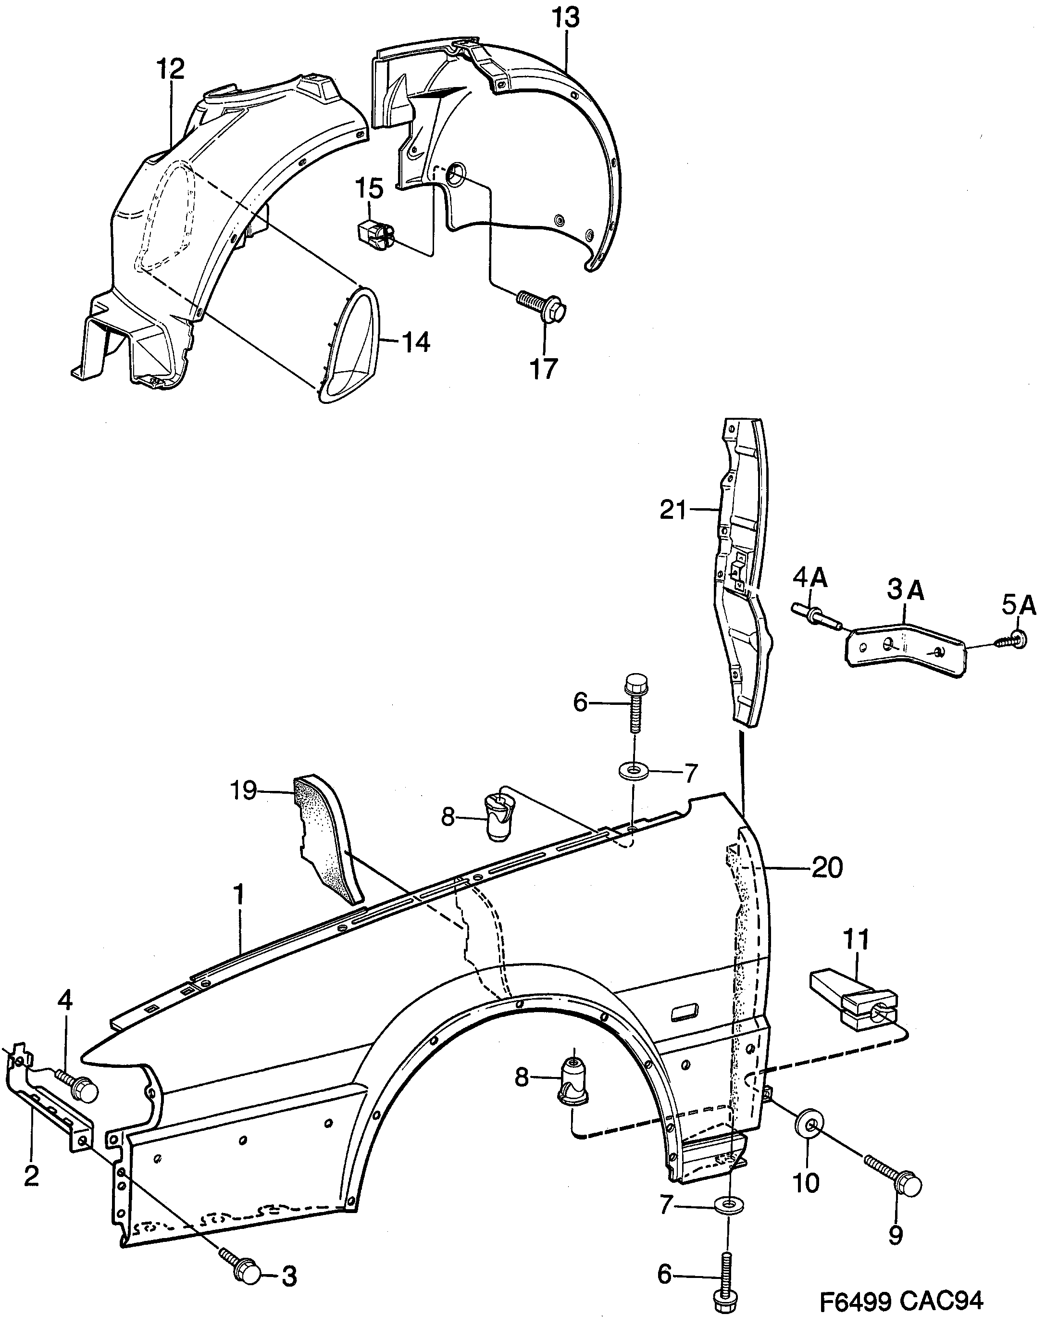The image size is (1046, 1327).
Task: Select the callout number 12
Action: point(170,69)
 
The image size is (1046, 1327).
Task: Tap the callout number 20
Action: point(827,868)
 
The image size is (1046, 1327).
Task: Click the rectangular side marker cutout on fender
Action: point(684,1012)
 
